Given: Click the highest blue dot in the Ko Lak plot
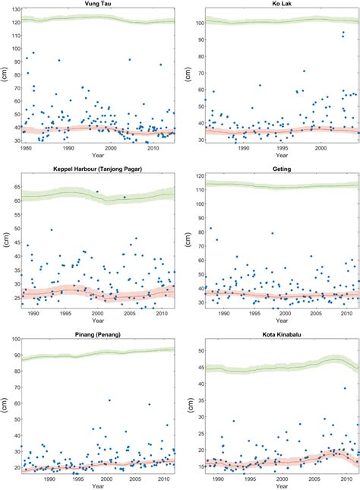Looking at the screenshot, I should (x=343, y=33).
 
